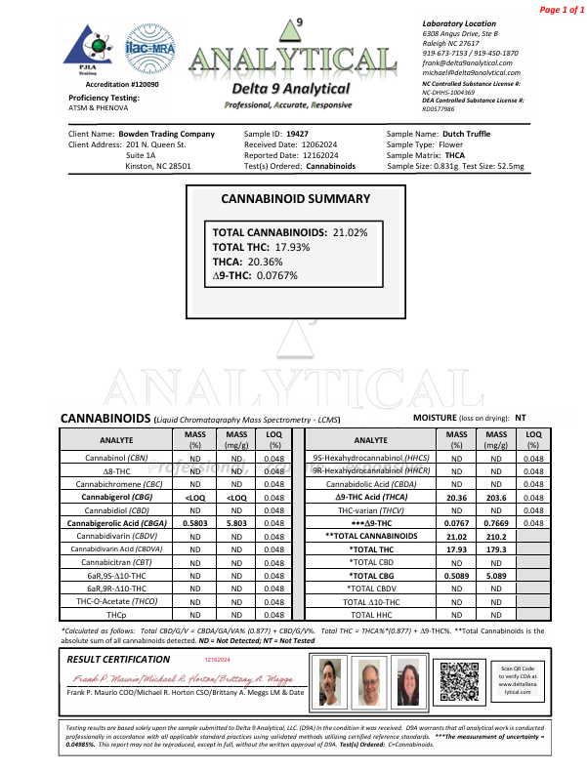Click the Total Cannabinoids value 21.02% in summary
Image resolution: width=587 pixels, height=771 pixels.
click(x=350, y=233)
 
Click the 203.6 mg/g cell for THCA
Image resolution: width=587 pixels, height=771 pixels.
click(x=495, y=497)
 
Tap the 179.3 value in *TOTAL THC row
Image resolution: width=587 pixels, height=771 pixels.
click(x=495, y=549)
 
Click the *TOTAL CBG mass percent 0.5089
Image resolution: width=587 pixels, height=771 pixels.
click(x=455, y=576)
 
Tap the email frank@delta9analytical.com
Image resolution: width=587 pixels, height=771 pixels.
click(x=464, y=62)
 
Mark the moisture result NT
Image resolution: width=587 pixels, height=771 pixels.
click(x=522, y=417)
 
